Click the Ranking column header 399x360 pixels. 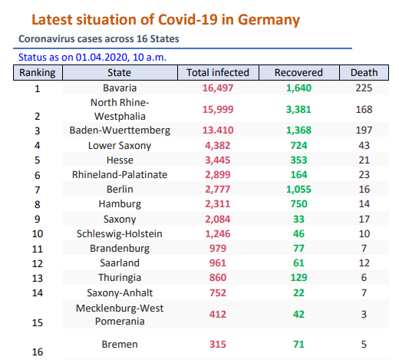38,73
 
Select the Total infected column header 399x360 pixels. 218,73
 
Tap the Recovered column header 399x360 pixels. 298,73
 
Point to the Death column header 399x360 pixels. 364,73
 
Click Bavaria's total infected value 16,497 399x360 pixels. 218,88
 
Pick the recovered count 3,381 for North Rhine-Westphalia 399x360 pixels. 298,110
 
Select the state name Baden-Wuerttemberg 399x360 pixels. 120,130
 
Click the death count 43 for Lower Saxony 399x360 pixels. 364,146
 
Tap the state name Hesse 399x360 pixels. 120,160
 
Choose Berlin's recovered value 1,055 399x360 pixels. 298,190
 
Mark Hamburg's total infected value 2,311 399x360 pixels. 218,204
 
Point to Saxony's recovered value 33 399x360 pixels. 298,220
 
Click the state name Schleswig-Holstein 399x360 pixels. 120,234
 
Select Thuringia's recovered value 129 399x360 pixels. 298,278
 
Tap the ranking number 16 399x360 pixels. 38,352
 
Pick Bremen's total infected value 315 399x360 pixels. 218,345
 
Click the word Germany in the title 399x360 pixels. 269,20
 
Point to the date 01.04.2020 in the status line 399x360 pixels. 101,57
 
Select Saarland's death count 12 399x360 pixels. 364,263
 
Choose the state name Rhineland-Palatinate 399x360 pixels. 120,175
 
